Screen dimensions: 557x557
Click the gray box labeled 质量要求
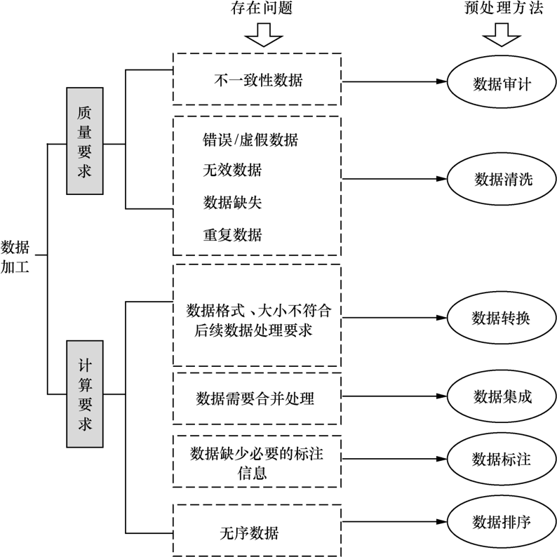point(85,140)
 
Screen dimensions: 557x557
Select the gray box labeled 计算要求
point(85,394)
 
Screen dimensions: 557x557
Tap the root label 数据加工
point(15,257)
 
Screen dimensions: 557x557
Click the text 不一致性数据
point(257,79)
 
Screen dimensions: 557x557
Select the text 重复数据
point(232,233)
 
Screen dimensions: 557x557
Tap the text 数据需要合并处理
point(255,398)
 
